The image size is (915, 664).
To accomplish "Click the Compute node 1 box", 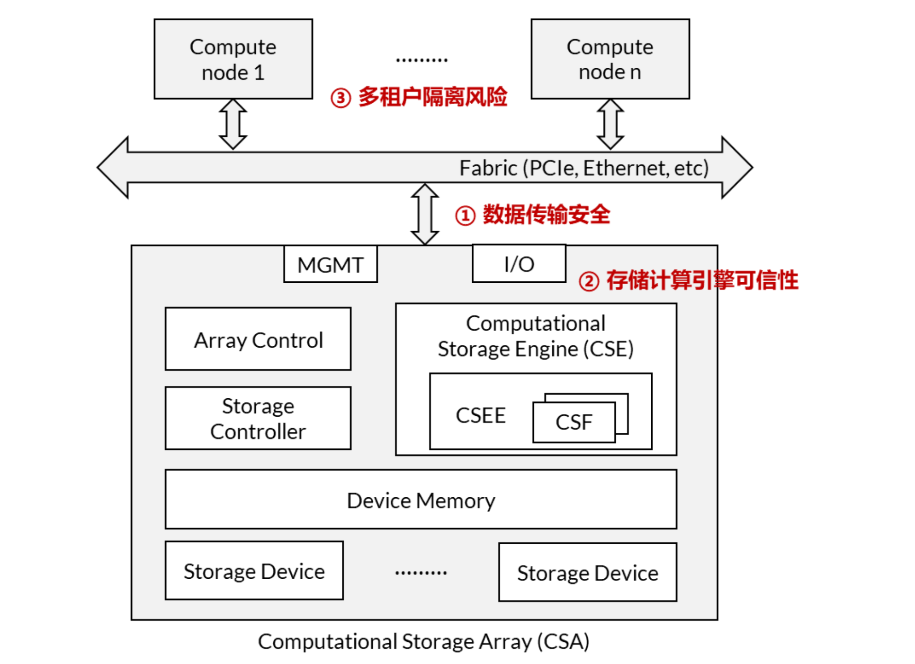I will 233,59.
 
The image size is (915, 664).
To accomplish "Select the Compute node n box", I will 610,59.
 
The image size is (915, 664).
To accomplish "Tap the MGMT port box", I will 330,264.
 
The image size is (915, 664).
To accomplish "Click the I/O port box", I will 519,264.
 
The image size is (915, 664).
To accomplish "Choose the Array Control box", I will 258,339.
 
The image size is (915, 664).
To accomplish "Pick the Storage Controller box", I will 258,418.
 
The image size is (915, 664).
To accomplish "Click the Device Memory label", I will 421,500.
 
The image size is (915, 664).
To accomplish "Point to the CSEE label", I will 481,415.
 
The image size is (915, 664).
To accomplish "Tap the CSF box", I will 574,422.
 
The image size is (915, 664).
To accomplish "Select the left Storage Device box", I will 254,571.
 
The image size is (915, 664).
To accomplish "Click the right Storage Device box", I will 588,573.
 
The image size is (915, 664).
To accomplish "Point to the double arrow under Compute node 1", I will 233,124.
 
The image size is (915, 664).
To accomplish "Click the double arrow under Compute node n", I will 610,124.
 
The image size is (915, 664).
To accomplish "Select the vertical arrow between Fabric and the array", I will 425,214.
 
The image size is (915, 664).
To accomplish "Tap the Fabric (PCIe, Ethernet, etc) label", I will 584,168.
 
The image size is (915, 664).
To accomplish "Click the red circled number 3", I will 341,98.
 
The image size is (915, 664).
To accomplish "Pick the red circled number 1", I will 465,215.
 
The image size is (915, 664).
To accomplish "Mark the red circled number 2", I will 589,281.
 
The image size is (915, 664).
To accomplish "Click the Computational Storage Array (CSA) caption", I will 423,642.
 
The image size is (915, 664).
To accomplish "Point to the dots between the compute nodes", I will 422,60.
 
